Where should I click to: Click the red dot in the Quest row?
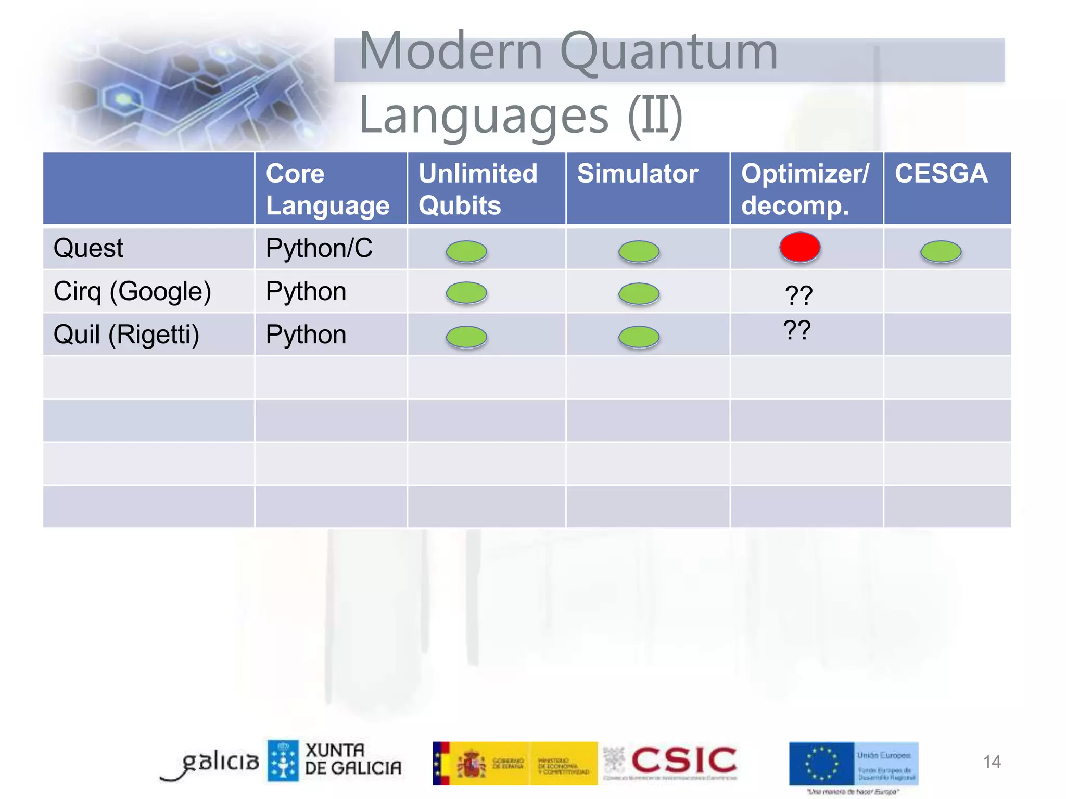tap(799, 247)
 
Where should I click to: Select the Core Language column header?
tap(327, 189)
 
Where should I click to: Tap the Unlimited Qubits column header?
tap(478, 189)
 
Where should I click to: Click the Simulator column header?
tap(637, 174)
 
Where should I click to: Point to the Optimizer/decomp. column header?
tap(805, 189)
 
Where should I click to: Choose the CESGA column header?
tap(941, 174)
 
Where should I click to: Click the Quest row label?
tap(88, 248)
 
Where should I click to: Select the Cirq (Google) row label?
tap(132, 291)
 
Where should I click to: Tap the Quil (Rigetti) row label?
tap(126, 334)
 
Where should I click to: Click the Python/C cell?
tap(319, 248)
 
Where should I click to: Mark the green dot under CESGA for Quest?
tap(941, 251)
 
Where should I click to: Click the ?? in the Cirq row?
tap(798, 295)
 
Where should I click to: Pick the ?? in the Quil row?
tap(797, 330)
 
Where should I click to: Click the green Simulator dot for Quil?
tap(639, 337)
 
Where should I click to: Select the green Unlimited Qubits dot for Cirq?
tap(466, 293)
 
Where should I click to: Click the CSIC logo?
tap(683, 761)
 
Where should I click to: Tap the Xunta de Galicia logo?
tap(335, 761)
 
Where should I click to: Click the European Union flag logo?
tap(821, 763)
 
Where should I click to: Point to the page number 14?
tap(991, 762)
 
